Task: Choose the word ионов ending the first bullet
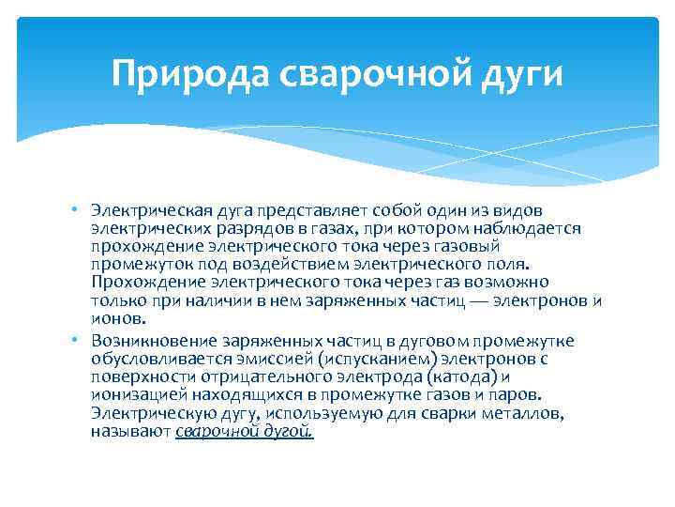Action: (112, 317)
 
